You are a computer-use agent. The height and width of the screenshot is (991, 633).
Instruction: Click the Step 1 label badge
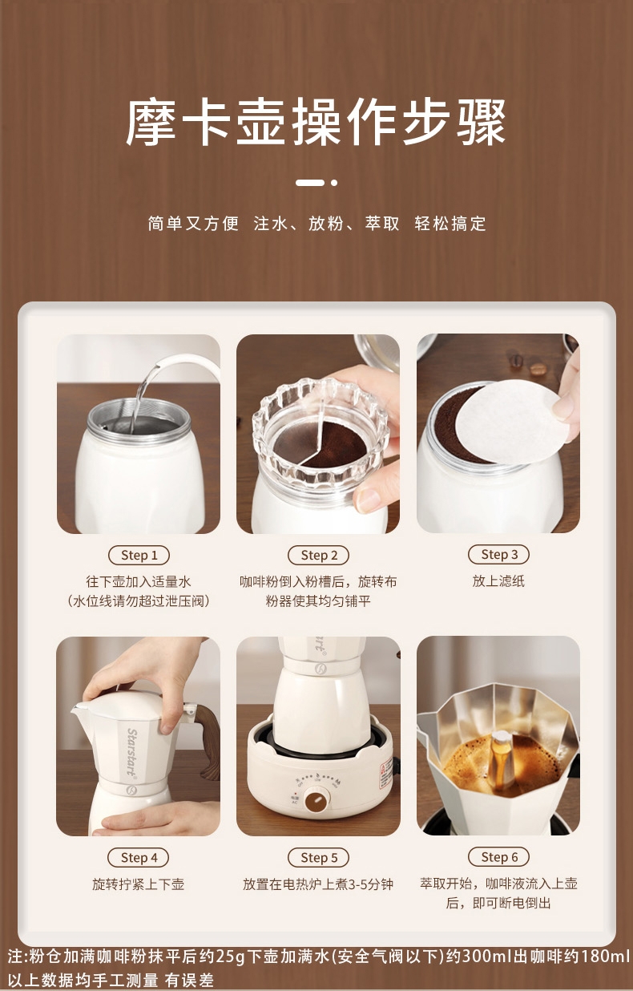pos(139,555)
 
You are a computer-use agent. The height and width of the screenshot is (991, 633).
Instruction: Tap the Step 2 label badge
pos(318,555)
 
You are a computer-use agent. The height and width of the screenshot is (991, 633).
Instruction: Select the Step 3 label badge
pos(498,554)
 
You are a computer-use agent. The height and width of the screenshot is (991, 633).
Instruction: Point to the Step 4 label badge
pos(139,858)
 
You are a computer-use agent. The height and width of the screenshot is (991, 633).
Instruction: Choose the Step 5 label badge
pos(318,858)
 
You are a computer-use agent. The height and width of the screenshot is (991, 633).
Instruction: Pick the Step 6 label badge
pos(498,857)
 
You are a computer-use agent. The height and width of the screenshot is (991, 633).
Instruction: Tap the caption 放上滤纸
pos(498,580)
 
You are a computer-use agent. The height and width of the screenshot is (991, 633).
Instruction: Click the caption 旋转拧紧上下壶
pos(138,884)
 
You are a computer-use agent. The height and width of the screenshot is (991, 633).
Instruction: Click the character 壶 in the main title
pos(261,122)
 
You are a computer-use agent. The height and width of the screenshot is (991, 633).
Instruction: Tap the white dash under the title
pos(310,182)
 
